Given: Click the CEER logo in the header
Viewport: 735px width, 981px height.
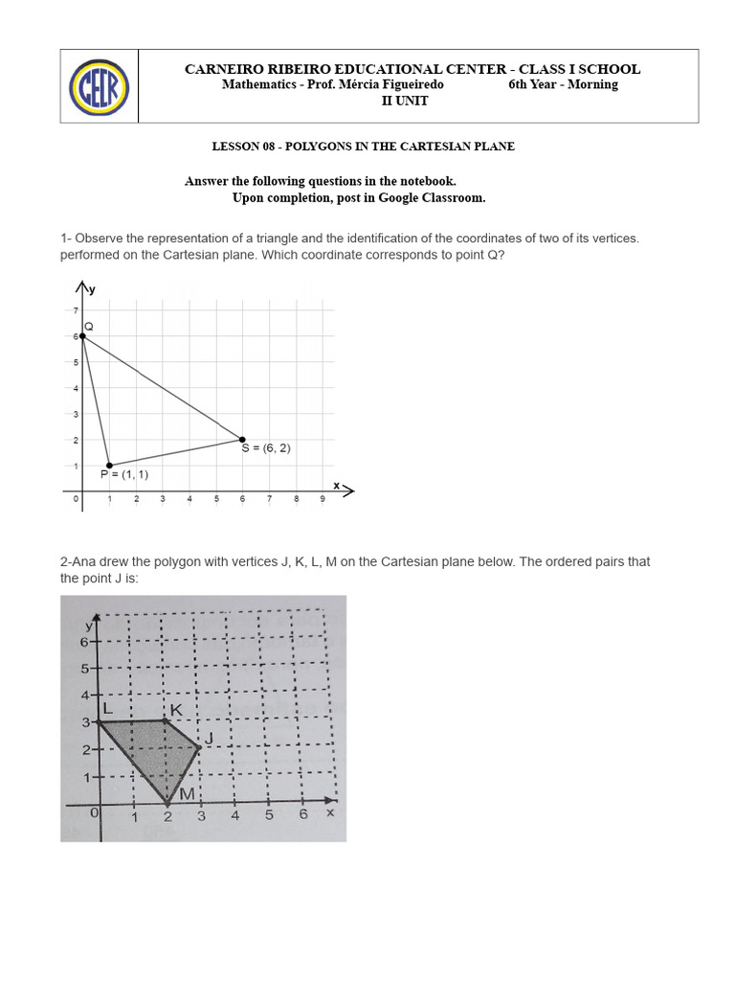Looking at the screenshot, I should (x=100, y=86).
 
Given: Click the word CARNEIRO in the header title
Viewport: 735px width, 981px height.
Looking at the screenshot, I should (x=221, y=69).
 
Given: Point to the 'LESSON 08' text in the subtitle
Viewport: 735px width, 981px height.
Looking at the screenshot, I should (x=239, y=147).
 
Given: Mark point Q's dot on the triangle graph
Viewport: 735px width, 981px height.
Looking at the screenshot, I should (x=82, y=336).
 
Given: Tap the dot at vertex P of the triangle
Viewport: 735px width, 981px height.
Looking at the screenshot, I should (x=109, y=466).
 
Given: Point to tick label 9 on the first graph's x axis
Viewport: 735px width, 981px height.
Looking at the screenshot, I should (x=323, y=499).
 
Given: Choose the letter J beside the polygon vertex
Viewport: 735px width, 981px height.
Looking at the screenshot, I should (x=208, y=738).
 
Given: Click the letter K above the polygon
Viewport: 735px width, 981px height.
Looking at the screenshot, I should (x=176, y=710).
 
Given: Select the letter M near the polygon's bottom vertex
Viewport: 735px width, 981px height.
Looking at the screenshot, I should (x=187, y=793).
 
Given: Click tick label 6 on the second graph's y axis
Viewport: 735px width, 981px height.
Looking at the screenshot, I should (x=84, y=642).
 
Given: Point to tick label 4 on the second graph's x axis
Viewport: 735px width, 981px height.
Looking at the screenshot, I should (x=235, y=816).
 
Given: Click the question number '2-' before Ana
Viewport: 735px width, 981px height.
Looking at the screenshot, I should (x=66, y=562).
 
